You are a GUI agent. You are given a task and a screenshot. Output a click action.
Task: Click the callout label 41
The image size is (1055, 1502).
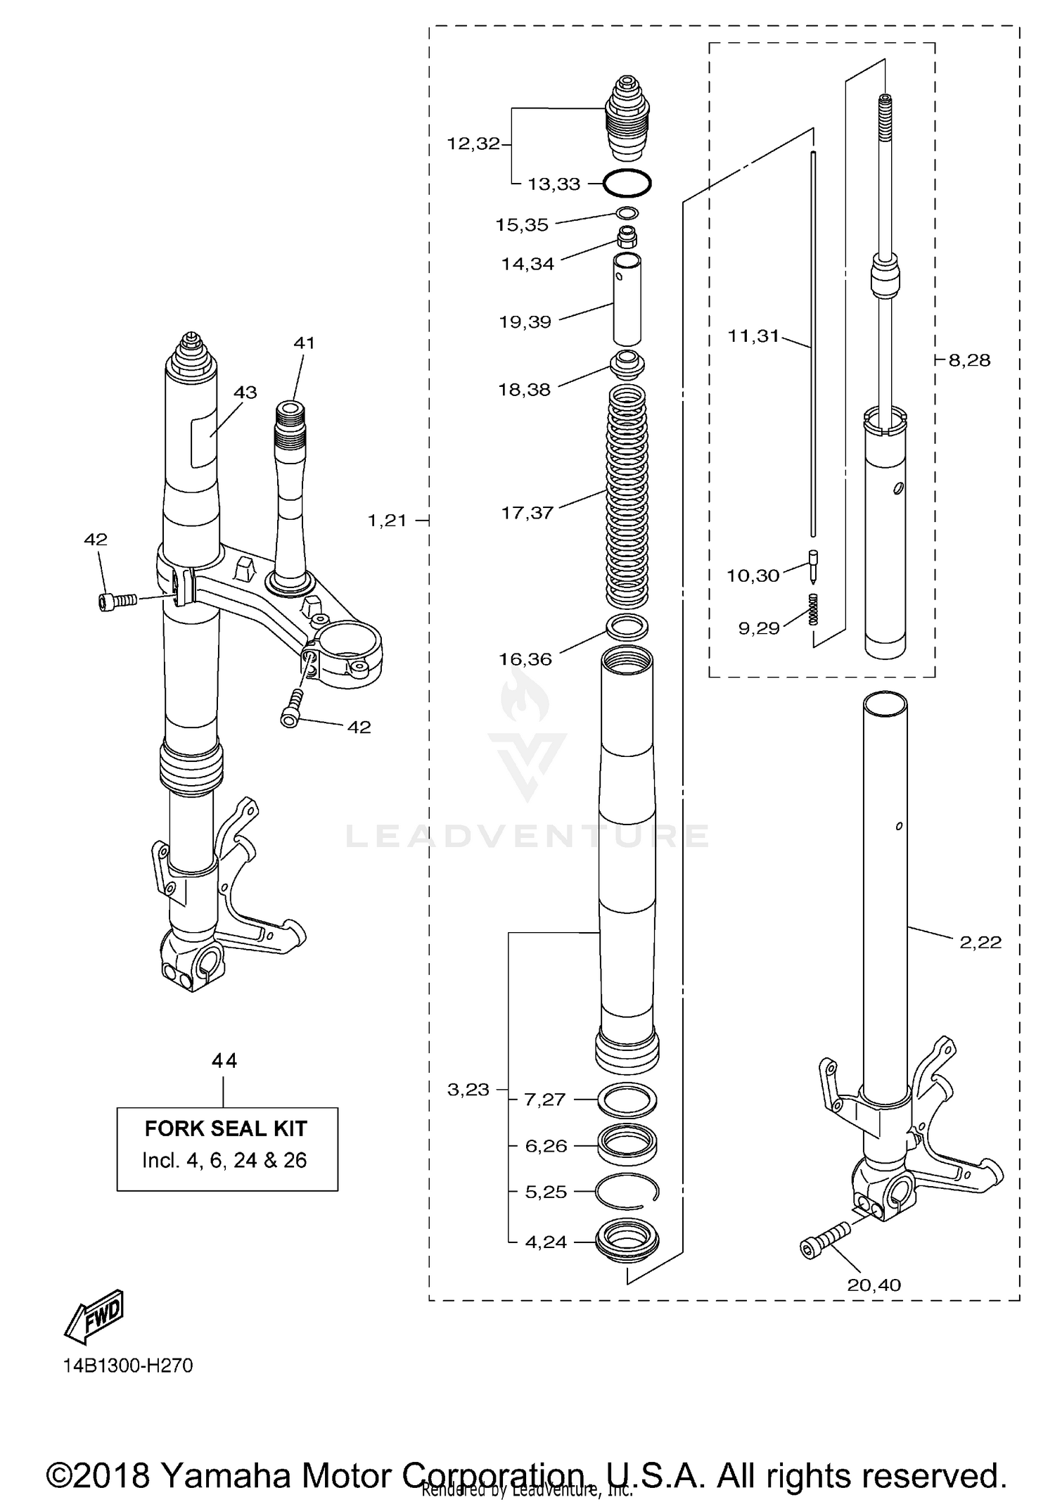pos(304,343)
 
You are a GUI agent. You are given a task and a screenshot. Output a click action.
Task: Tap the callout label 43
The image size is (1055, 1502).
pos(245,393)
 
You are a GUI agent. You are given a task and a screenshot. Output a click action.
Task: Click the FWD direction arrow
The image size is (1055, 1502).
pos(94,1316)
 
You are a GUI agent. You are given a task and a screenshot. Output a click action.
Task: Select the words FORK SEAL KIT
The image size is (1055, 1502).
pos(226,1128)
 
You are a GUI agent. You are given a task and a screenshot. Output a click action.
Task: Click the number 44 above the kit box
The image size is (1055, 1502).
pos(224,1060)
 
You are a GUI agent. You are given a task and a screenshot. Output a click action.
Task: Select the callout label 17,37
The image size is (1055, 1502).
pos(527,513)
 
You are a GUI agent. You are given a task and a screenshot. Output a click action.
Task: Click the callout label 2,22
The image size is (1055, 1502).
pos(980,942)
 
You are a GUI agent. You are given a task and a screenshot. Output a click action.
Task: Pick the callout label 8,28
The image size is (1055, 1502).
pos(968,360)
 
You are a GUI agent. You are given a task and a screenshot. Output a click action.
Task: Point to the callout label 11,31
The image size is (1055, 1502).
pos(753,336)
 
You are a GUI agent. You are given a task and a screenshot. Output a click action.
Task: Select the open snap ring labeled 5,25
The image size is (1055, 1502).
pos(627,1192)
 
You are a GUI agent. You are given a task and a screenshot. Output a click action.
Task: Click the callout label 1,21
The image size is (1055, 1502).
pos(387,521)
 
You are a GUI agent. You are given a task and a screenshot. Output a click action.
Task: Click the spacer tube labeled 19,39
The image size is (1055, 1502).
pos(627,298)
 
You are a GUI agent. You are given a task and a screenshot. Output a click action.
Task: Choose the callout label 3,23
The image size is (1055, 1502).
pos(468,1090)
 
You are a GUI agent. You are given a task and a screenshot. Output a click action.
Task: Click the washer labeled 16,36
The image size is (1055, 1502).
pos(627,625)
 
